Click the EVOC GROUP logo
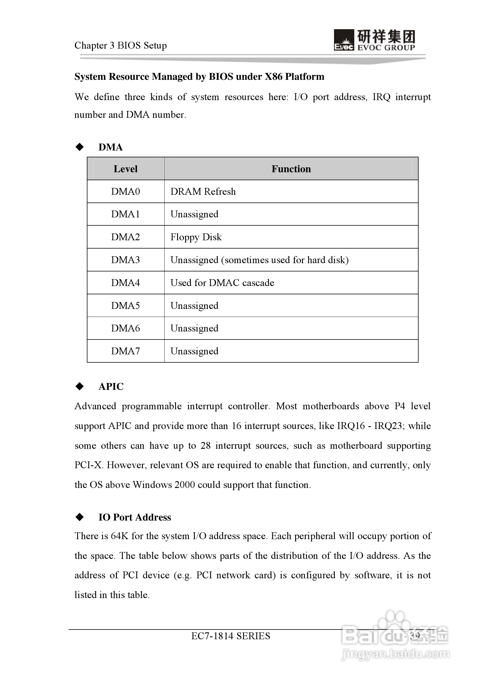(374, 40)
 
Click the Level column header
(125, 169)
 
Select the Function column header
(291, 169)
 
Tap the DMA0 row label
(125, 192)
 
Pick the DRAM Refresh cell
(203, 192)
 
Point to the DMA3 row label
(125, 260)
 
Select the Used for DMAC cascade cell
(222, 283)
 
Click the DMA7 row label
(125, 351)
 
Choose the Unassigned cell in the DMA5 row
(194, 306)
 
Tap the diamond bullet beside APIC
(80, 386)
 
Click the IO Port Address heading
(135, 517)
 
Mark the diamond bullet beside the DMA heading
(80, 147)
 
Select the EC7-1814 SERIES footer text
(231, 636)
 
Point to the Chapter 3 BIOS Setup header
(121, 45)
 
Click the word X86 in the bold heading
(273, 77)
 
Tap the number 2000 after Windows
(184, 485)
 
